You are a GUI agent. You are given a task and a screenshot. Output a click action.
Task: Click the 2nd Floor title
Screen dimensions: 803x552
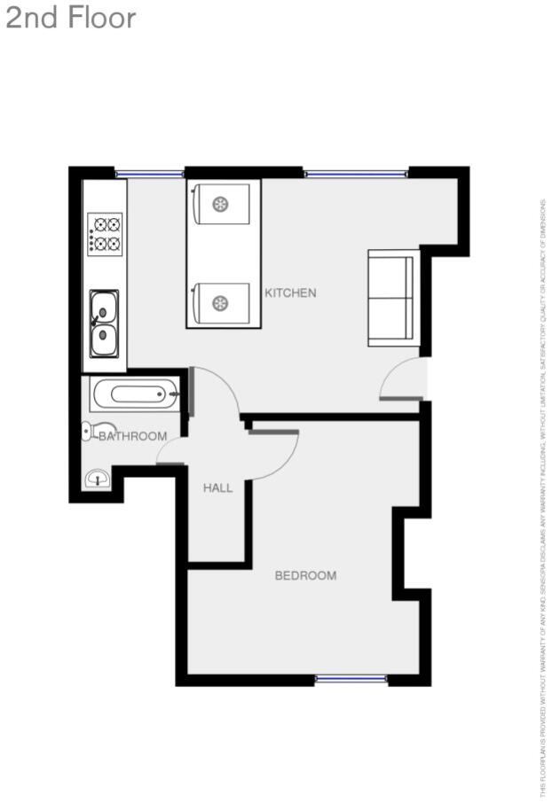point(71,18)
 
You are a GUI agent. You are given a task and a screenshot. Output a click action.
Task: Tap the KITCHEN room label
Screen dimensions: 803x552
point(290,292)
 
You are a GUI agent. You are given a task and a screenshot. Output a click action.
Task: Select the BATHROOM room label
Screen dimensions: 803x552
point(132,436)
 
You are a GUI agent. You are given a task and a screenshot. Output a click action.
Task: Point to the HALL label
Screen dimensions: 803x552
point(217,487)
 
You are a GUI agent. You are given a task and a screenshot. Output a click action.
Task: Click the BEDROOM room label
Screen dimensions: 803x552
point(305,575)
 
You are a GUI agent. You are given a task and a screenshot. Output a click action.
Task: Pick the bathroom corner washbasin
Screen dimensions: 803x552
point(96,479)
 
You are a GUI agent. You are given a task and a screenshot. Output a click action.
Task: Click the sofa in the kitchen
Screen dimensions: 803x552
point(393,298)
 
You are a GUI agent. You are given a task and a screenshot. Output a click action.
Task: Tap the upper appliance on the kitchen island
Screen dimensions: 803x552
point(223,205)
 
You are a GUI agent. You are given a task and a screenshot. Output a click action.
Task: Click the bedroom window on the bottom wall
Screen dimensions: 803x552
point(351,680)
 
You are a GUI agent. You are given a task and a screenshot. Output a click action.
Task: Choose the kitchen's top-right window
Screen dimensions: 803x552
point(356,173)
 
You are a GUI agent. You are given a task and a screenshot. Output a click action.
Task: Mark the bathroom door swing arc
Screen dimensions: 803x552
point(170,453)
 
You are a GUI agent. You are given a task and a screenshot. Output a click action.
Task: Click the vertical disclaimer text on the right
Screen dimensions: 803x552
point(543,496)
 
